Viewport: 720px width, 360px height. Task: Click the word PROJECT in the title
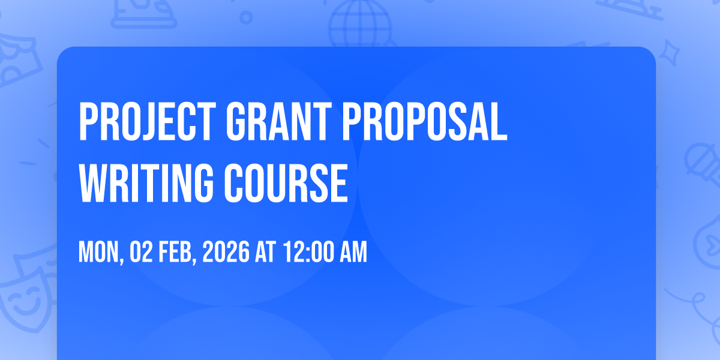pyautogui.click(x=147, y=122)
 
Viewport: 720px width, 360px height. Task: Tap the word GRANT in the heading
pyautogui.click(x=278, y=122)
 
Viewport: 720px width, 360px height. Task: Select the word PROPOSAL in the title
pyautogui.click(x=425, y=122)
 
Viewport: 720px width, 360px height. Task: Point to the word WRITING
pyautogui.click(x=146, y=183)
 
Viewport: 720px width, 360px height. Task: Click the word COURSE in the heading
pyautogui.click(x=286, y=183)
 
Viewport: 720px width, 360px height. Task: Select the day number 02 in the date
pyautogui.click(x=141, y=252)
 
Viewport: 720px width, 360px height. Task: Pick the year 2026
pyautogui.click(x=226, y=252)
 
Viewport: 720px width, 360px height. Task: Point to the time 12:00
pyautogui.click(x=308, y=252)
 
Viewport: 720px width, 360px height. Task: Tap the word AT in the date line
pyautogui.click(x=265, y=252)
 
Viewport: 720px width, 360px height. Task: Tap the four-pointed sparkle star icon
pyautogui.click(x=670, y=53)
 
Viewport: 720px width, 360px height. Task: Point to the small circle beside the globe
pyautogui.click(x=246, y=17)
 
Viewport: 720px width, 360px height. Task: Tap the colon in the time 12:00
pyautogui.click(x=308, y=254)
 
